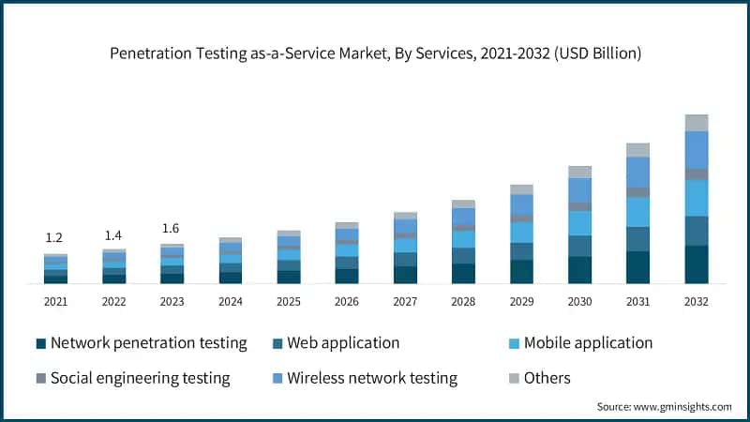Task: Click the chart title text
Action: pos(375,53)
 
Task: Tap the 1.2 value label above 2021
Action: pos(55,238)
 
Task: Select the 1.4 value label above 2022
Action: pos(113,234)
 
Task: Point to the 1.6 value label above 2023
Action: pos(172,228)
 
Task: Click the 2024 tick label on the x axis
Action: pos(230,302)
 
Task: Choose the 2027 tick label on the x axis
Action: pos(405,302)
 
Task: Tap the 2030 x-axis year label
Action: pos(579,302)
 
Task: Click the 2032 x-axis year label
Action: pos(696,302)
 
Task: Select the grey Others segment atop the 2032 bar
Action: pos(696,123)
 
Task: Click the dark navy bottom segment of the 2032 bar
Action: pos(696,264)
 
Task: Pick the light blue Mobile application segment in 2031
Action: pos(637,212)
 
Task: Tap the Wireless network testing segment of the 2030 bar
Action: pos(579,190)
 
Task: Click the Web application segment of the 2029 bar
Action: pos(521,251)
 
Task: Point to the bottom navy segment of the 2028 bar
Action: pos(463,273)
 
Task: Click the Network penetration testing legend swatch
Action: pos(40,343)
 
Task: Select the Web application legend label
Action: pos(343,343)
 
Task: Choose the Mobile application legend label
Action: pos(588,343)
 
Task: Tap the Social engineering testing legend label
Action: pos(140,379)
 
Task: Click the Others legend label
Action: pos(547,379)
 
